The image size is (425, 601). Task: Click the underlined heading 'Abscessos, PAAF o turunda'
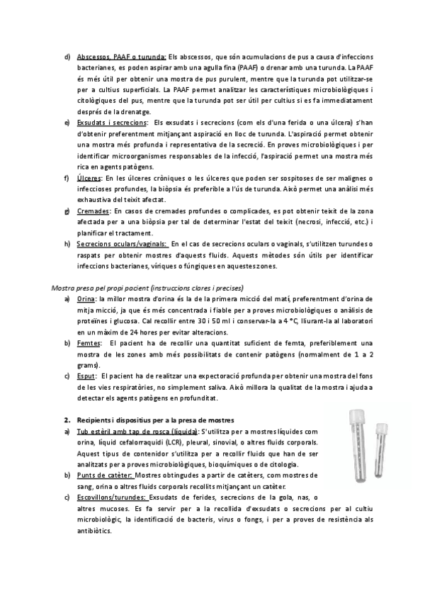click(x=121, y=57)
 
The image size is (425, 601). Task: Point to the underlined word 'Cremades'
click(x=93, y=210)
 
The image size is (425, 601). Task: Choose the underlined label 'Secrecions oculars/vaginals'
click(x=121, y=244)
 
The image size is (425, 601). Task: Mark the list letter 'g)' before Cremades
click(x=67, y=210)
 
